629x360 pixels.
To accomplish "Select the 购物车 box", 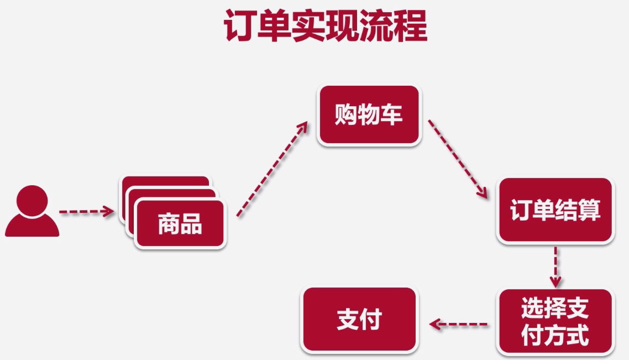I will pos(369,116).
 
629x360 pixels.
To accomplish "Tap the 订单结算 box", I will pos(555,211).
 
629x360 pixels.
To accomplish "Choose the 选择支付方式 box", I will pos(555,321).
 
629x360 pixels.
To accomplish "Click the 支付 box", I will pos(359,320).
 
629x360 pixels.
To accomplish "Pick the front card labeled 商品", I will pos(180,224).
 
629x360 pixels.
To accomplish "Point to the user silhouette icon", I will pos(32,212).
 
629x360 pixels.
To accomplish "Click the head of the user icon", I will pos(32,199).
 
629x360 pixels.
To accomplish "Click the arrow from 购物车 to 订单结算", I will pos(458,158).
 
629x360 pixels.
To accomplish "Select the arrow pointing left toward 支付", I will pos(459,324).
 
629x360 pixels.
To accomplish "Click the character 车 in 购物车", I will pos(392,116).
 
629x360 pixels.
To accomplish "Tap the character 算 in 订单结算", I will pos(589,211).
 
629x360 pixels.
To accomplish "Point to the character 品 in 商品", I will pos(191,224).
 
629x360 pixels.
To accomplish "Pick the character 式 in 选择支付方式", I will pos(578,335).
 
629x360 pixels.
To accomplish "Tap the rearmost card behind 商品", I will pos(166,181).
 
